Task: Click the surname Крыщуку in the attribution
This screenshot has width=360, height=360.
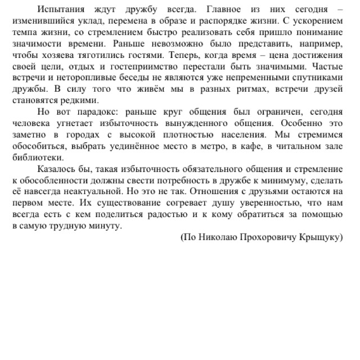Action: coord(321,236)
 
